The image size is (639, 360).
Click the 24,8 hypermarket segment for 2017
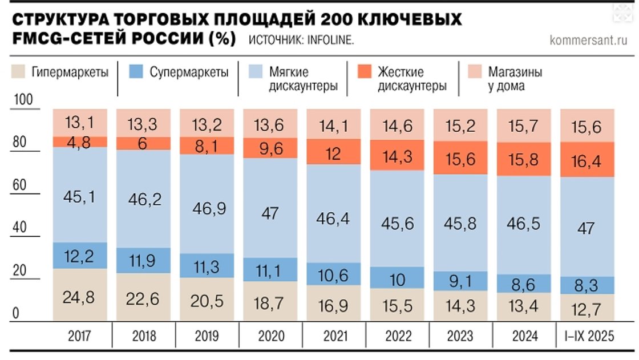[x=79, y=297]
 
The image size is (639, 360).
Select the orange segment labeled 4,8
[x=79, y=141]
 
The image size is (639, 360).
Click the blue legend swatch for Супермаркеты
[x=135, y=72]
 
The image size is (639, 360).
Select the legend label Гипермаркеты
[x=70, y=72]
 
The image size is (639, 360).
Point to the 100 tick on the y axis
[x=23, y=100]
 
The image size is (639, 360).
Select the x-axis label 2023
[x=460, y=336]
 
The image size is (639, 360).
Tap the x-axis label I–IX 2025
[x=586, y=336]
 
